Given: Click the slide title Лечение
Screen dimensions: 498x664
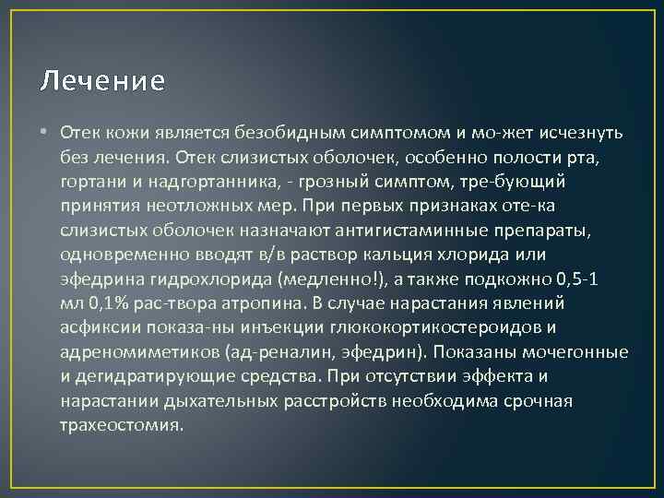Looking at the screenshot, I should coord(102,82).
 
